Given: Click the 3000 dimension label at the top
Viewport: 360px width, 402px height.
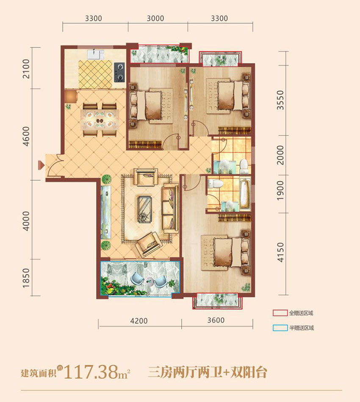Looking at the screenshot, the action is coord(155,19).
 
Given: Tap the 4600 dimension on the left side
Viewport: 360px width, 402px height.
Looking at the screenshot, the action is coord(26,136).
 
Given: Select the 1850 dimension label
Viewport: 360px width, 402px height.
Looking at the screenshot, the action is coord(26,278).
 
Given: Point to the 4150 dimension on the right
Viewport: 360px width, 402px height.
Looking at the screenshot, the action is coord(281,253).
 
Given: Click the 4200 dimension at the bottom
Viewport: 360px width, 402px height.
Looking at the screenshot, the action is coord(139,321).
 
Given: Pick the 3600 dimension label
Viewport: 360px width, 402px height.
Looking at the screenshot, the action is coord(216,320).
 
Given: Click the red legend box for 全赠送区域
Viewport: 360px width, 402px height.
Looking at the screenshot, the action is coord(280,313).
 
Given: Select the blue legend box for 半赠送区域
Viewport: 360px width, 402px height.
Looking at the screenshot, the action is coord(280,328).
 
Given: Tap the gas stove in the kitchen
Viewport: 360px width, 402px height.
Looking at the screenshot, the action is coord(119,72).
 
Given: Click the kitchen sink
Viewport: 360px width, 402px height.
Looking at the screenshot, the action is coord(95,54).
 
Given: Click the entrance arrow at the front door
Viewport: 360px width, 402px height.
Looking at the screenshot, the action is coord(41,165).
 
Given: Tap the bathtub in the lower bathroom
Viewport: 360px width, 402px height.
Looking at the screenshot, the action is coord(245,194).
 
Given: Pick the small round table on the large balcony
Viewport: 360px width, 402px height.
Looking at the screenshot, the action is coord(149,282).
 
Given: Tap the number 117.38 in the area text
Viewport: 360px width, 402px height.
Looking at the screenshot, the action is coord(91,372).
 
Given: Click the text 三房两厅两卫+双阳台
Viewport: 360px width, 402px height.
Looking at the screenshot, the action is coord(208,372).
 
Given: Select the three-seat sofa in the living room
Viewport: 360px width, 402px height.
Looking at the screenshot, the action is coord(170,208).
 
